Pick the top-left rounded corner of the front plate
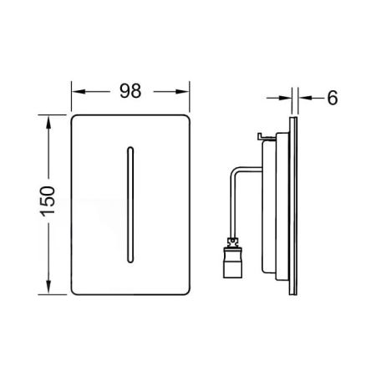coord(76,116)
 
